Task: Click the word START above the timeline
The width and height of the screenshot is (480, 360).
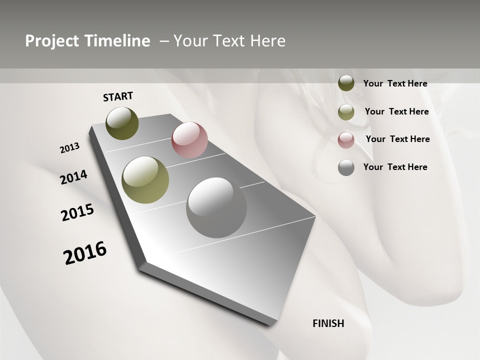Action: [118, 96]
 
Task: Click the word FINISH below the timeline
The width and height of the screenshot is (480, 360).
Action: [328, 323]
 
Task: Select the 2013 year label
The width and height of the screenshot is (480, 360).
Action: [70, 148]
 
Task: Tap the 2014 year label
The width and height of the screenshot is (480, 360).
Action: [73, 177]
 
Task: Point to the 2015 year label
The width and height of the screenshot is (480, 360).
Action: [77, 212]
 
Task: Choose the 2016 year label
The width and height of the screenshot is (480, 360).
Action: [85, 252]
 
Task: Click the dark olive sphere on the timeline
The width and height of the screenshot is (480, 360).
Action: [122, 123]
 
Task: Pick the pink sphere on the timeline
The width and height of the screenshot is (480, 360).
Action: [189, 140]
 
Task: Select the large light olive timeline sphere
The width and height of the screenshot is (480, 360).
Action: [145, 180]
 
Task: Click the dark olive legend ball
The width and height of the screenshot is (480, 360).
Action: [346, 83]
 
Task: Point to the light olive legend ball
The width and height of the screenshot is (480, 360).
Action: [346, 112]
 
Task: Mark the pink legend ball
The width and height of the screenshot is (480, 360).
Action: [346, 140]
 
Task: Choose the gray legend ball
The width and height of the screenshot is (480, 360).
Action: [346, 167]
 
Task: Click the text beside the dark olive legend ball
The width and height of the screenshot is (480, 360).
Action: [395, 83]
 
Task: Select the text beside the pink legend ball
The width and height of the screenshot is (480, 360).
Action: [397, 139]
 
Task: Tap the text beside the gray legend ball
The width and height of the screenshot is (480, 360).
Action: [395, 167]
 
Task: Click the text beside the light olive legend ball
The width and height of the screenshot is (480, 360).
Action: [396, 111]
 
